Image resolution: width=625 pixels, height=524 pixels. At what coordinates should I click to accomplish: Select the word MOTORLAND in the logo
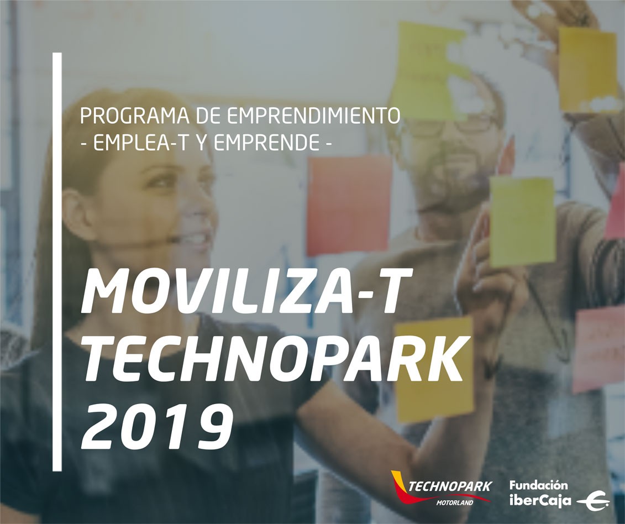pos(454,502)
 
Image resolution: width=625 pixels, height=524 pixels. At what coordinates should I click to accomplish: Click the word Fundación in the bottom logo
pos(538,485)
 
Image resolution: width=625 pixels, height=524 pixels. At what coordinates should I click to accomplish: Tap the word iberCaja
pos(540,500)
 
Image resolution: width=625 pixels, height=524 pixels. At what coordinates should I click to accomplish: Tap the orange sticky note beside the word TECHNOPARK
pos(434,369)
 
